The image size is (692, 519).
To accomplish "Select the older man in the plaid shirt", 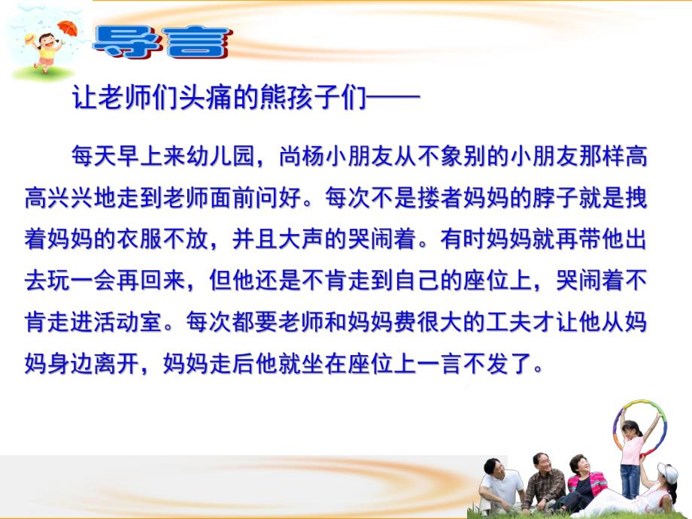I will tap(542, 481).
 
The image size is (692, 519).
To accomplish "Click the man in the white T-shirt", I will tap(500, 484).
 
